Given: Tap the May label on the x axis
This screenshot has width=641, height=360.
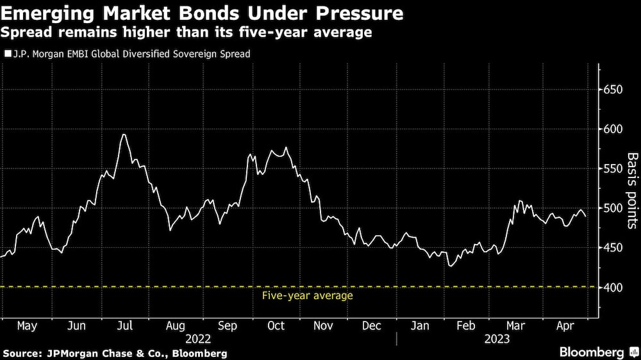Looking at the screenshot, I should point(26,325).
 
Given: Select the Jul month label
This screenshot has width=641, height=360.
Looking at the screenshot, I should point(125,325).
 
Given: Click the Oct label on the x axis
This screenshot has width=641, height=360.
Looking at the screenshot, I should point(276,325).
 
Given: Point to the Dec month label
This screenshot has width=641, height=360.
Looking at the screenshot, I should point(372,325).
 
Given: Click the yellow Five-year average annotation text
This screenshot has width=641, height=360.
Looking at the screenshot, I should point(308,296).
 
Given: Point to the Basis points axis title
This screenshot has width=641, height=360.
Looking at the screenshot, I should point(632,190).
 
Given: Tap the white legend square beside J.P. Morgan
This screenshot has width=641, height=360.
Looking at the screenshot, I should point(8,54).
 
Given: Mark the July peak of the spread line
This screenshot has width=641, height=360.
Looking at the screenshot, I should point(123,135).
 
